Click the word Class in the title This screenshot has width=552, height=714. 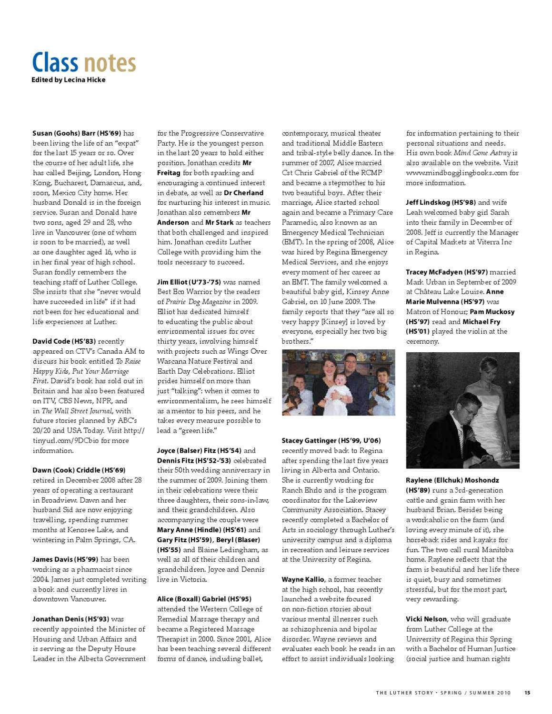[55, 62]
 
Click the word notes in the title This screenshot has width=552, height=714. [110, 63]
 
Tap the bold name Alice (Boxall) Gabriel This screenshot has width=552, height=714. [191, 599]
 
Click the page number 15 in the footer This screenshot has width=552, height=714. [527, 693]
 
